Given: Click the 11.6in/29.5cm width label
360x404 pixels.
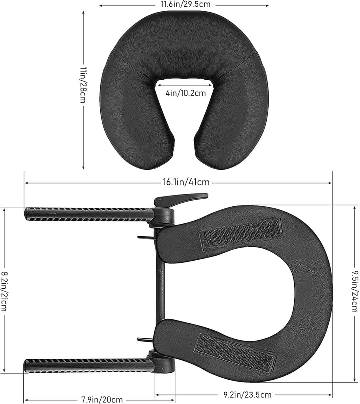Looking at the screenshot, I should pyautogui.click(x=184, y=4).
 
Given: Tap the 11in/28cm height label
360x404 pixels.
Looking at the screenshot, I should pyautogui.click(x=83, y=85).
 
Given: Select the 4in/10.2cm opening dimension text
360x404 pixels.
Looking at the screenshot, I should pyautogui.click(x=184, y=93).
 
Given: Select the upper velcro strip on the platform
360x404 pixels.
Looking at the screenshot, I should pyautogui.click(x=241, y=233).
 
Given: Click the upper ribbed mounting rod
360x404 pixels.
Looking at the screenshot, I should pyautogui.click(x=87, y=214).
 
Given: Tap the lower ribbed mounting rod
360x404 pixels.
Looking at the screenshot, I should pyautogui.click(x=87, y=365).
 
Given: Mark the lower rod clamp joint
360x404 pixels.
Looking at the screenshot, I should pyautogui.click(x=162, y=363).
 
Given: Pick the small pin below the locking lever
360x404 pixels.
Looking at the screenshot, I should pyautogui.click(x=144, y=237).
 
